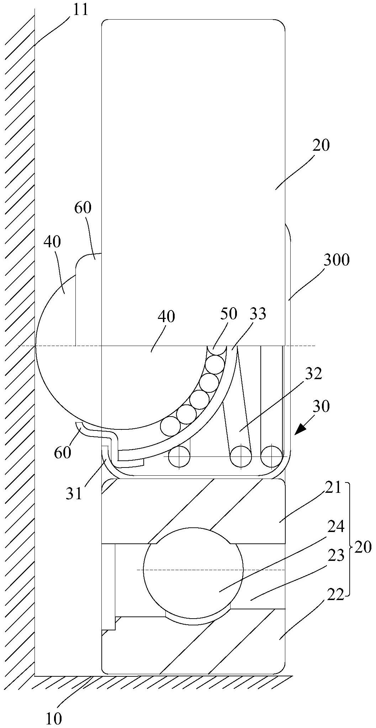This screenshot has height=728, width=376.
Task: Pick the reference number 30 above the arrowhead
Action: (321, 406)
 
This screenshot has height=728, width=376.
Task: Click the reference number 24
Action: (336, 527)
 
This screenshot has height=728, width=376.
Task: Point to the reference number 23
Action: (336, 555)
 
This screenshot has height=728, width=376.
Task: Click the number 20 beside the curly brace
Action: (363, 547)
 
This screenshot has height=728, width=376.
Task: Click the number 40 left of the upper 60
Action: (52, 242)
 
